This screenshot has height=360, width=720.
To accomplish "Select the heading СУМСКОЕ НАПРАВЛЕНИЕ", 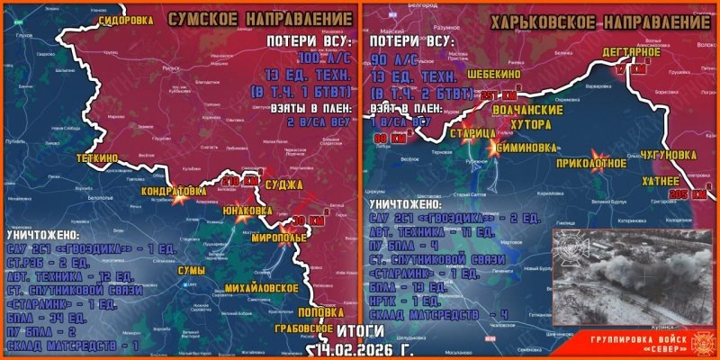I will point(262,18).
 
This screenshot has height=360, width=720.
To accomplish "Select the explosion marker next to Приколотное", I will point(596,154).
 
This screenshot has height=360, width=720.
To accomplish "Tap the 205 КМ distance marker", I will point(688,194).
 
